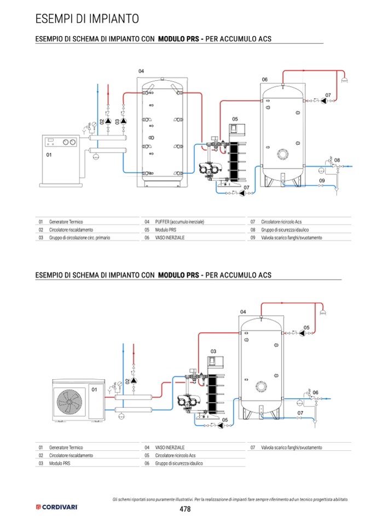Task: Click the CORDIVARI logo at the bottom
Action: pyautogui.click(x=56, y=507)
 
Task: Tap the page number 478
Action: pyautogui.click(x=185, y=509)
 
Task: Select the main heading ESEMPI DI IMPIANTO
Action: pyautogui.click(x=87, y=19)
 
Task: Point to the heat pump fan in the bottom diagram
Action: pyautogui.click(x=69, y=401)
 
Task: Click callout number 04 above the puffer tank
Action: pyautogui.click(x=141, y=71)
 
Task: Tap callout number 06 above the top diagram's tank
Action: pyautogui.click(x=265, y=80)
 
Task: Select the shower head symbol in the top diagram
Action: pyautogui.click(x=344, y=80)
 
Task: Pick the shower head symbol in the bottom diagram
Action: pyautogui.click(x=323, y=313)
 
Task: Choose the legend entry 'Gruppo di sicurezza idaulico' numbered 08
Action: pyautogui.click(x=285, y=230)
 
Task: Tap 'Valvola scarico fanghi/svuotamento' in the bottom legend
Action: pyautogui.click(x=291, y=448)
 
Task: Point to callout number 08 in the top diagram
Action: pyautogui.click(x=337, y=160)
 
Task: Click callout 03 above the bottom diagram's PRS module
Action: pyautogui.click(x=213, y=351)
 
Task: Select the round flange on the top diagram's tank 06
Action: pyautogui.click(x=283, y=154)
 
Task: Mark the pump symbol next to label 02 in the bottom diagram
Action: pyautogui.click(x=134, y=380)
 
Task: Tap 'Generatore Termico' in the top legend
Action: pyautogui.click(x=66, y=222)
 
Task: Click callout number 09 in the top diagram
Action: pyautogui.click(x=322, y=180)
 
